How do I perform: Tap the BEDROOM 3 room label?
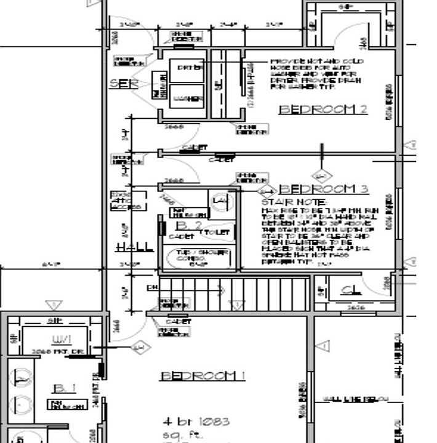point(324,189)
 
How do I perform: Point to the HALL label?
point(135,247)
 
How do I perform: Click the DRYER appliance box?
point(190,68)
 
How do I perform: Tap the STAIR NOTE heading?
point(286,202)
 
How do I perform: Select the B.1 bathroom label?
point(64,389)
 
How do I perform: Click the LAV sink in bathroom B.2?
point(219,202)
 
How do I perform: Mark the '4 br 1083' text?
point(196,422)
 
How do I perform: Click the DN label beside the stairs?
point(152,287)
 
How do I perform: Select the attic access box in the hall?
point(127,201)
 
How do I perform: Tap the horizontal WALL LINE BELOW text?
point(353,399)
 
